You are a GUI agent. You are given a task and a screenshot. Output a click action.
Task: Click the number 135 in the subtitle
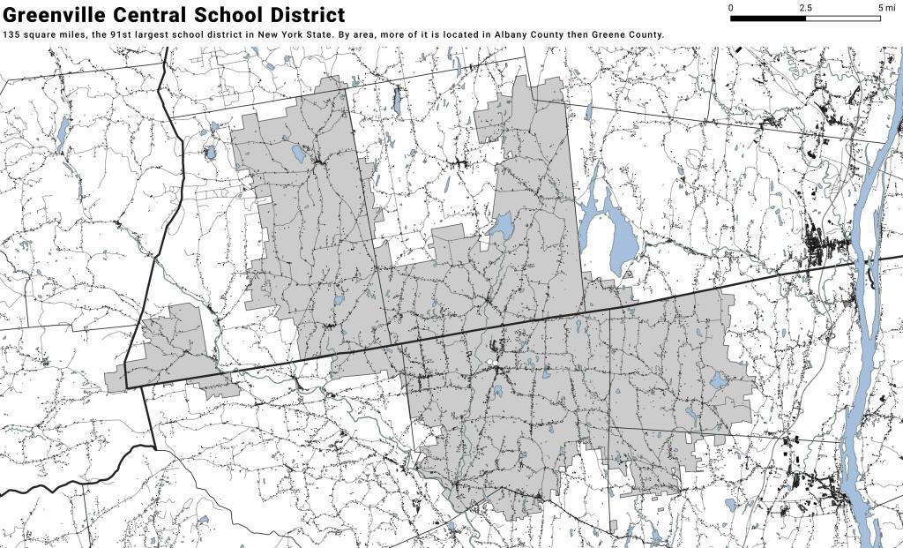[11, 35]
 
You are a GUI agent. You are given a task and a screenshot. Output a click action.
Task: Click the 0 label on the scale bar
[731, 8]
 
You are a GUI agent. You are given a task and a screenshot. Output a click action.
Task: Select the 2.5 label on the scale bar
[805, 8]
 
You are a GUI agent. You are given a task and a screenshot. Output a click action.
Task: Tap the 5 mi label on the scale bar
[881, 8]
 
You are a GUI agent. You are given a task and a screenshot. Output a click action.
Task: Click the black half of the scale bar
[768, 18]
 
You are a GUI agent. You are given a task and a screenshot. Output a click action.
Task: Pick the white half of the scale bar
[843, 18]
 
